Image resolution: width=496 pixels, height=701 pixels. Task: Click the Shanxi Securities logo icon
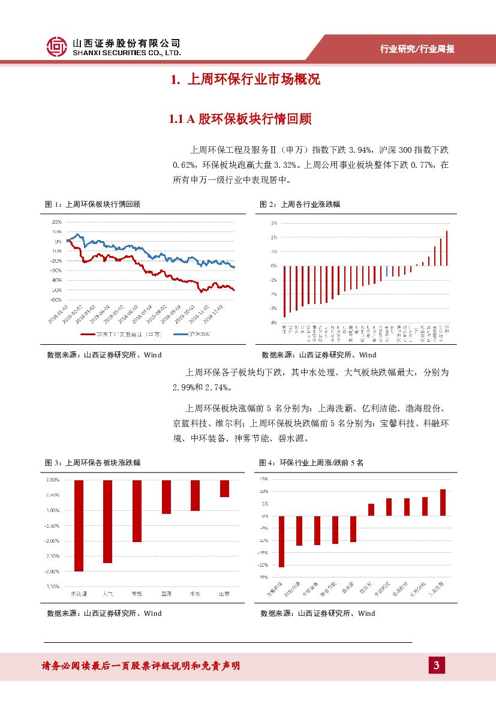(58, 47)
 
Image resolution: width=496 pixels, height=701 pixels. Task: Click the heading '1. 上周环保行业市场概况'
(245, 80)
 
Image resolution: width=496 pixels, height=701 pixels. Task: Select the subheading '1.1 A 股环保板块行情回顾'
(241, 119)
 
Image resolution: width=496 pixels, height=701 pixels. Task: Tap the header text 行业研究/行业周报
(417, 49)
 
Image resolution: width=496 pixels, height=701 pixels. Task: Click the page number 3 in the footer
(437, 665)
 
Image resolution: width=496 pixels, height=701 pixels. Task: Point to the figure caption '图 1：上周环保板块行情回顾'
(93, 204)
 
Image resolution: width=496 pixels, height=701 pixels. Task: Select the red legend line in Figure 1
(88, 334)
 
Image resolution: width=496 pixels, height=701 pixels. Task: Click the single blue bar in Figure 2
(387, 272)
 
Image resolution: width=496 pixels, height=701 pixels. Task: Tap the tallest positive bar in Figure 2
(447, 248)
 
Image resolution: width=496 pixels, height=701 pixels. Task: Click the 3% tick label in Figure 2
(273, 223)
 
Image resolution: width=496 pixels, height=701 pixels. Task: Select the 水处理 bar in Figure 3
(79, 525)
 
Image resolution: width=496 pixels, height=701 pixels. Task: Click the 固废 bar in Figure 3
(224, 488)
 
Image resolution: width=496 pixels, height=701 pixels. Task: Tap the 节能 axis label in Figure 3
(137, 594)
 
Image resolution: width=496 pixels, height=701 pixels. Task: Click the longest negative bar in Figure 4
(281, 541)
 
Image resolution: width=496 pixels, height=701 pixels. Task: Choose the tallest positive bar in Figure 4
(443, 503)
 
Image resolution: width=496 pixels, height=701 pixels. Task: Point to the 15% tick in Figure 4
(264, 479)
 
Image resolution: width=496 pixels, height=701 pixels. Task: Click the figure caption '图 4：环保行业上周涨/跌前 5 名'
(311, 463)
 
